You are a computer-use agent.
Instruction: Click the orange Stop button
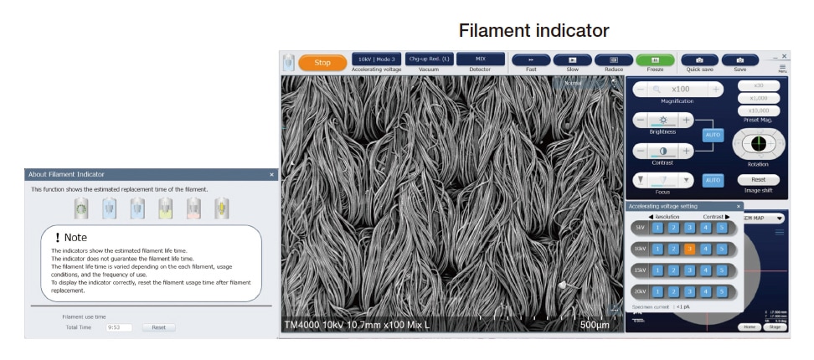pos(322,63)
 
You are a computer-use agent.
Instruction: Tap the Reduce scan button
pos(614,60)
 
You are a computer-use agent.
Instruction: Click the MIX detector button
pos(480,59)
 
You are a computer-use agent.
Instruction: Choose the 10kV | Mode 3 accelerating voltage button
pos(376,59)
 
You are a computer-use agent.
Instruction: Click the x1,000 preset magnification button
pos(758,98)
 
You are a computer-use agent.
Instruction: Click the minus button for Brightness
pos(641,121)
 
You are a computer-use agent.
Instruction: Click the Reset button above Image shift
pos(758,180)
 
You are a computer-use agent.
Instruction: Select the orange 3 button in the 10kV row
pos(689,249)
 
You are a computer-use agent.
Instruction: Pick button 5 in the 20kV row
pos(721,291)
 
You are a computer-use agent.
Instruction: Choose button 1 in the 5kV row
pos(657,228)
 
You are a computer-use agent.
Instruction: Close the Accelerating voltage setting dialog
pos(739,206)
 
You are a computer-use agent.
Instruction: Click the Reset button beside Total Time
pos(158,327)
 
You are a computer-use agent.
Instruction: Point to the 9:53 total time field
pos(119,327)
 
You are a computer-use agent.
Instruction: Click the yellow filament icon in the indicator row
pos(221,208)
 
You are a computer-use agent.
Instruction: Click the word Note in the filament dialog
pos(75,238)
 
